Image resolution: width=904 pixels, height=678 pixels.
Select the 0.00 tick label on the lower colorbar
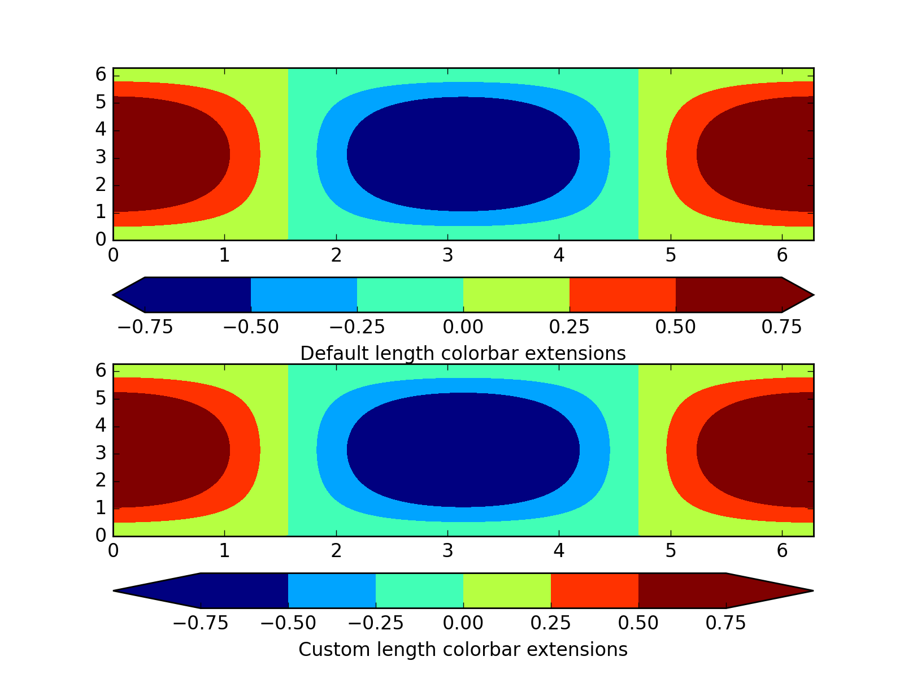pos(463,623)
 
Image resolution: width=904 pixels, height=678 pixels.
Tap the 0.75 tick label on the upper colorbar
pos(781,327)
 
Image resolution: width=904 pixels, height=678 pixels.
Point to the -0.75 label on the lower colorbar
pos(200,623)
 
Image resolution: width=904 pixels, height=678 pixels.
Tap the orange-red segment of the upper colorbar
pos(622,295)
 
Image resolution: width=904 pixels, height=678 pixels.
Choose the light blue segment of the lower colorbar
pos(332,591)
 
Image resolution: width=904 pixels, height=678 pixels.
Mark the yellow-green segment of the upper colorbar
pos(516,295)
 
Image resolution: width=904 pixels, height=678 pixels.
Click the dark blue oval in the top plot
pos(463,154)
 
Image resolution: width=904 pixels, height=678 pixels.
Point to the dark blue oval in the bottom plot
pos(463,450)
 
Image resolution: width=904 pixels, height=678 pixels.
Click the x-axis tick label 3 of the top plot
pos(447,256)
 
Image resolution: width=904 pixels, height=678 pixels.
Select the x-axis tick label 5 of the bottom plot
pos(671,552)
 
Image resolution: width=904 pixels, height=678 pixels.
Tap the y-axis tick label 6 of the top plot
pos(101,75)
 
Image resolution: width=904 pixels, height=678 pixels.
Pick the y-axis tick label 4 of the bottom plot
pos(101,425)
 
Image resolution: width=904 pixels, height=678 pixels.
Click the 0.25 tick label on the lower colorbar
pos(550,623)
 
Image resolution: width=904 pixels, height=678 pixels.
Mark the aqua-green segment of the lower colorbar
pos(419,591)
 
